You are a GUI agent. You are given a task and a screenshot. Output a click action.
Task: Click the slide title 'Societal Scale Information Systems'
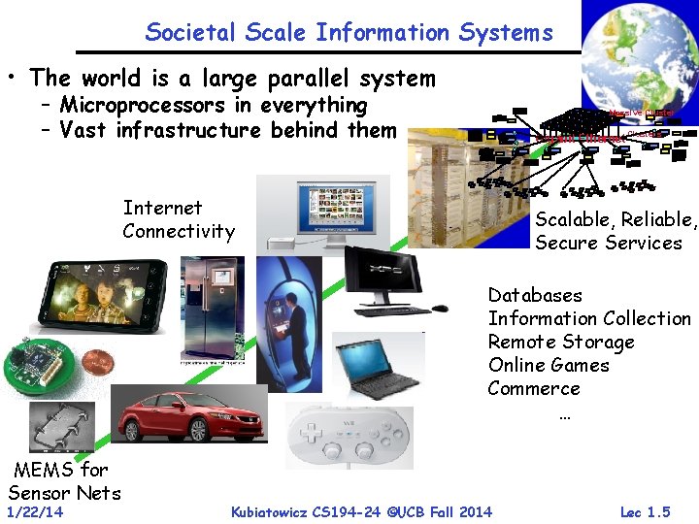point(349,32)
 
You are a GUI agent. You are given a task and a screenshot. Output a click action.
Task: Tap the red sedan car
point(189,414)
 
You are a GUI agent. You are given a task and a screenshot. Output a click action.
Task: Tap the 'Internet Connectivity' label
point(179,219)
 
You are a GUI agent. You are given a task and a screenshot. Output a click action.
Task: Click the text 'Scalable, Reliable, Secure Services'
point(616,231)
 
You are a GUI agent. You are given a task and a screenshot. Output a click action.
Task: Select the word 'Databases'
point(535,295)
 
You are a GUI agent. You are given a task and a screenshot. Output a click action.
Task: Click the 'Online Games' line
point(549,365)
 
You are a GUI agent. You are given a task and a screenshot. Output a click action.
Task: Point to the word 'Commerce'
point(533,388)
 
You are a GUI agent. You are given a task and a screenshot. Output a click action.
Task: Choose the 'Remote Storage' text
point(561,342)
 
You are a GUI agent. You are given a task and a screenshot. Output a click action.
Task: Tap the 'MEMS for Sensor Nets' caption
point(64,480)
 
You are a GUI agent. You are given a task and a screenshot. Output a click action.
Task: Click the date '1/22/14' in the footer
point(34,511)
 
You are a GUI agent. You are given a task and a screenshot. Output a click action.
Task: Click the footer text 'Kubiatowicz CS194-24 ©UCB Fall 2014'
point(361,511)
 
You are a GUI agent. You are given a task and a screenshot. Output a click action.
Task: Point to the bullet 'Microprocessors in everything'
point(213,105)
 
